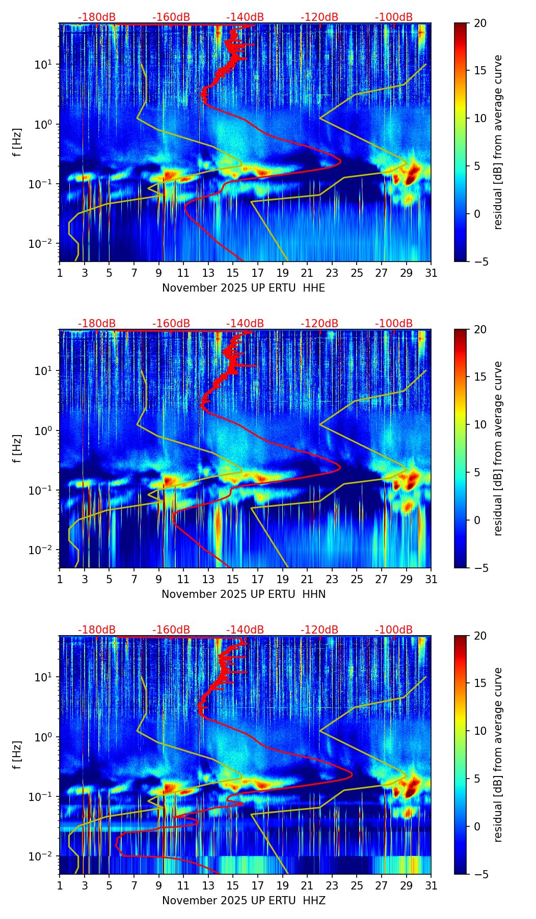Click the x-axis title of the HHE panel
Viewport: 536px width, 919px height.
coord(244,288)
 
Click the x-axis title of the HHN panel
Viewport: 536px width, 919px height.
coord(244,594)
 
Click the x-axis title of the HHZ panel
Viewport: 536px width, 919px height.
coord(244,901)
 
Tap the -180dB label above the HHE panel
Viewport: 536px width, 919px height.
coord(97,17)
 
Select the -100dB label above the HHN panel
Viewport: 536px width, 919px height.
coord(394,324)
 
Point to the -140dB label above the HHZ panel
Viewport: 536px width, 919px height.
coord(245,630)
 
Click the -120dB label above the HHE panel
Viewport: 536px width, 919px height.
coord(319,17)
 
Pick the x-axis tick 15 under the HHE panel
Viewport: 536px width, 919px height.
coord(233,273)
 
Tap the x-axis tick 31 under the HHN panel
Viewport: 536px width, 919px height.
coord(431,579)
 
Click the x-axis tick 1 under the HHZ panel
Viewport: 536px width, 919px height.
coord(60,885)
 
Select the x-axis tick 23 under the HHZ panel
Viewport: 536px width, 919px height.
coord(332,885)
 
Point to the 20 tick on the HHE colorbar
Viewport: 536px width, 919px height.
coord(480,23)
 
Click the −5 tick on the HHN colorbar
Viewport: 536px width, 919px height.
coord(480,567)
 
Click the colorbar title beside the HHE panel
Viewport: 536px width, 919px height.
coord(498,142)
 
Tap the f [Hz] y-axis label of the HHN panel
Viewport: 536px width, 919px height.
coord(18,448)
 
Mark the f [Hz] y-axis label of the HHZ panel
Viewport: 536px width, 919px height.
coord(18,755)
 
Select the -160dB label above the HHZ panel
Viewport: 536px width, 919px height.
coord(171,630)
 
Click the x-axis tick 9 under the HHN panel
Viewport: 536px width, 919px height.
coord(158,579)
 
